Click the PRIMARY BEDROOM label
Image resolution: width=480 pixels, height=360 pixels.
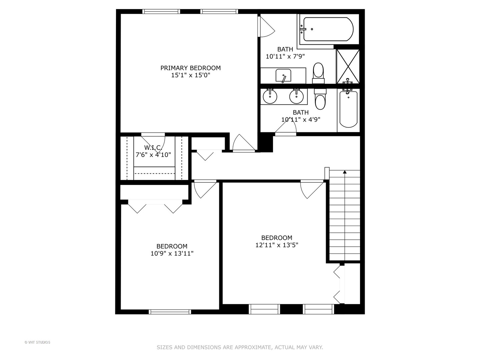point(190,68)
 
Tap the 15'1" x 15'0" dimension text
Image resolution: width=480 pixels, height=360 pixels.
point(190,75)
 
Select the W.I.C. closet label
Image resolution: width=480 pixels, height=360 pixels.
point(153,147)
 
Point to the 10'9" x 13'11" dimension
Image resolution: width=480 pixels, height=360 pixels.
point(172,253)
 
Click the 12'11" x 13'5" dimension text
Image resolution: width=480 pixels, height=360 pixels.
point(277,245)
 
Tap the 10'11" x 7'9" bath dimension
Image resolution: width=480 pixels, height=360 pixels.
point(285,56)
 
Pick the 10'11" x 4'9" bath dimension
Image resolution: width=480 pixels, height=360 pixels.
point(301,120)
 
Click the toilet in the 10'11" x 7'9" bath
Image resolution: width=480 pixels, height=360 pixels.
point(318,73)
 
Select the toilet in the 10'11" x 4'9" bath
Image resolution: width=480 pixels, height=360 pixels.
point(320,99)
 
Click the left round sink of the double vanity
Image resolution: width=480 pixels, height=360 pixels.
point(270,96)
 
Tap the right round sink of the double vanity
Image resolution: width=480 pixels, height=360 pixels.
point(296,96)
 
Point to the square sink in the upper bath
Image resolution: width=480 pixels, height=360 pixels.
point(283,76)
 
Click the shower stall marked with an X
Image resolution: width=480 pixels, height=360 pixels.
point(348,66)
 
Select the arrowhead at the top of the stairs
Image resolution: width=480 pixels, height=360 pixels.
point(345,172)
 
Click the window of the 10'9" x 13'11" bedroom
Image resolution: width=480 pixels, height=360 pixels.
point(170,312)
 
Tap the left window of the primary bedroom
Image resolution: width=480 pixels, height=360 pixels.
point(161,11)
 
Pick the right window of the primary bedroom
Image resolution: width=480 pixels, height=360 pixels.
point(219,11)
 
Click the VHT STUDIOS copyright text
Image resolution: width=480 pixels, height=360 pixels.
point(37,342)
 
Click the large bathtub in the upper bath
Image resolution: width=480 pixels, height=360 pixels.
point(328,29)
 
